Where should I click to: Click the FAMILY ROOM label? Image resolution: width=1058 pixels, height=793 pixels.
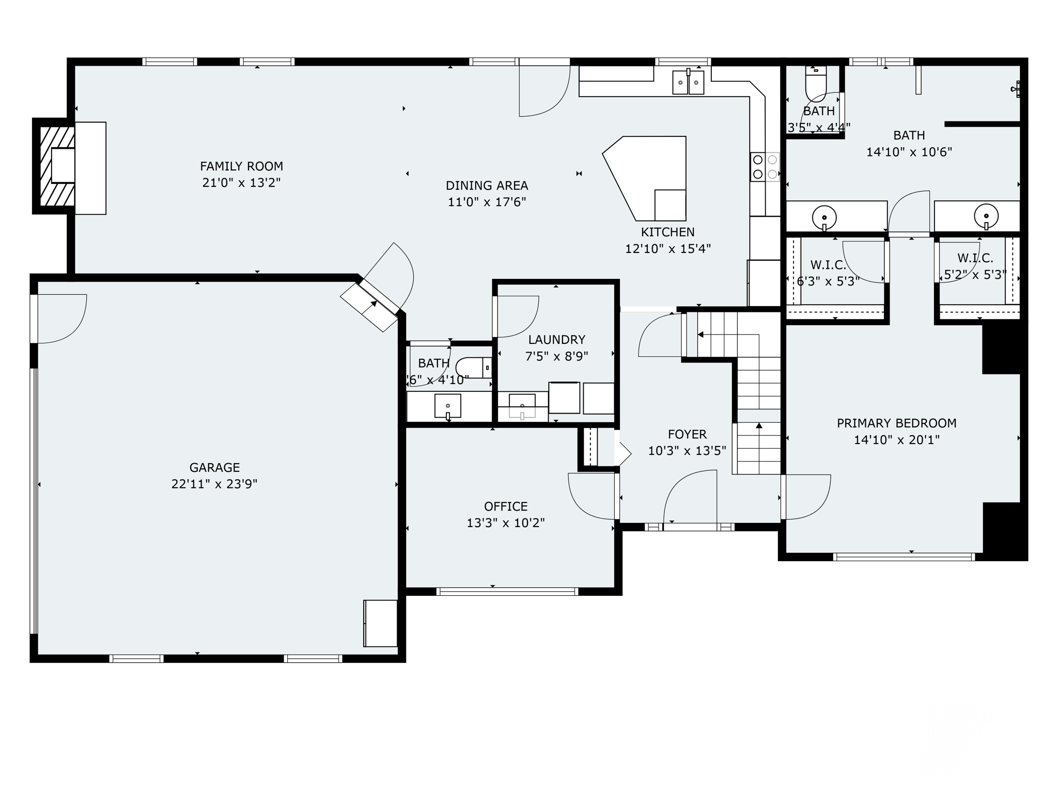(x=241, y=166)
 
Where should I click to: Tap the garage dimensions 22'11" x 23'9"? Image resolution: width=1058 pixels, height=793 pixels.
(x=214, y=484)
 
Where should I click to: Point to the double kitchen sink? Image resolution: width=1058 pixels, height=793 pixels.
(x=688, y=83)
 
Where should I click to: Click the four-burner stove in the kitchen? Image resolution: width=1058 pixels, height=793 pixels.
(x=765, y=167)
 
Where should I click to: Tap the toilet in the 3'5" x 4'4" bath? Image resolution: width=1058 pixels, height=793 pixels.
(x=816, y=85)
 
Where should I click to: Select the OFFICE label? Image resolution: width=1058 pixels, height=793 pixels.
(x=506, y=506)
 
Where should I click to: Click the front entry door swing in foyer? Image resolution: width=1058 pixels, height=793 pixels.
(x=690, y=496)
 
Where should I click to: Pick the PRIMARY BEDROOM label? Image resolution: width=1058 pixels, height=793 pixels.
(x=896, y=423)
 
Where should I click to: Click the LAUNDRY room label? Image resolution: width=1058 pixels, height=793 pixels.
(x=556, y=340)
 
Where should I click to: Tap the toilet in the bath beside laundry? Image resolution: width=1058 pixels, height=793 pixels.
(x=473, y=368)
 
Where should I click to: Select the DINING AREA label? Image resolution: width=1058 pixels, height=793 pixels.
(x=487, y=185)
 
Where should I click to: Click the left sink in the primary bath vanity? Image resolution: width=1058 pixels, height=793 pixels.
(x=824, y=217)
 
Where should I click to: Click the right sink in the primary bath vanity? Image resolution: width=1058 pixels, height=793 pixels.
(x=986, y=216)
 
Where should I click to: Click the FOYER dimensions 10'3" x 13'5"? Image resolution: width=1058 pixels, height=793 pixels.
(x=687, y=451)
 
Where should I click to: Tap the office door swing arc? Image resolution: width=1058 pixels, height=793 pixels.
(x=592, y=497)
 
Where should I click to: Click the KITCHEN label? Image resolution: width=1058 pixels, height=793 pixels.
(x=667, y=232)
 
